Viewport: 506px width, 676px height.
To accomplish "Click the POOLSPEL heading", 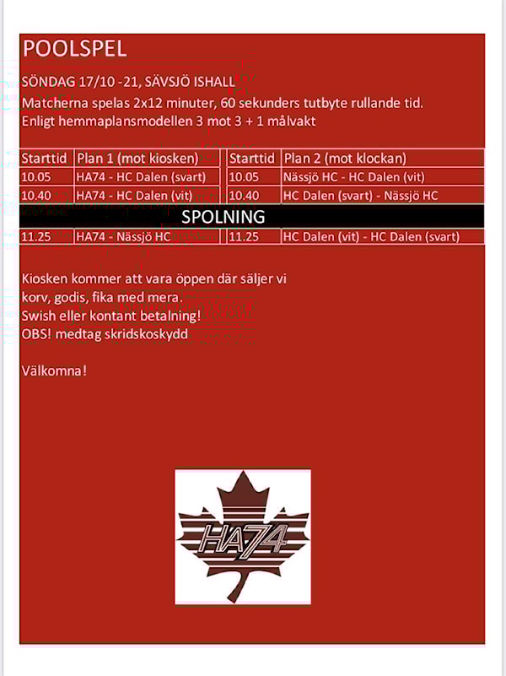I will (75, 48).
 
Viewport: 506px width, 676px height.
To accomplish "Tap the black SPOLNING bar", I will (252, 217).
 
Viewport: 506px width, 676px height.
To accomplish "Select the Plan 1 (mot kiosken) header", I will (137, 159).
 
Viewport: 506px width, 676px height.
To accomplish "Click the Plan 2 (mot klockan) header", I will (345, 159).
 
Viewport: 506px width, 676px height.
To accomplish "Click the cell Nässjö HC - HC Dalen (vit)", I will (353, 177).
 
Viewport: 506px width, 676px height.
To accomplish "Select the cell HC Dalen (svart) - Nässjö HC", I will (360, 196).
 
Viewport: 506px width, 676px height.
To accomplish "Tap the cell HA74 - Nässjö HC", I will (123, 237).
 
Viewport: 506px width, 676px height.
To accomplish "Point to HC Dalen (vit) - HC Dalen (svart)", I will (371, 237).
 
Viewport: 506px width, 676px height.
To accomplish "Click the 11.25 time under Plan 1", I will (36, 237).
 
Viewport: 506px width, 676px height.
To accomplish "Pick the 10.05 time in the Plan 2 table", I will (244, 177).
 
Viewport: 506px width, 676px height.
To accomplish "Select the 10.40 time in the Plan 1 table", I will (36, 196).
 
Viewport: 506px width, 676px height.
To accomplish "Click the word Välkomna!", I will (55, 370).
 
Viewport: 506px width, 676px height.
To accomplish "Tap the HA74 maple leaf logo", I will (243, 537).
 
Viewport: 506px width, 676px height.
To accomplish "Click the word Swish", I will (39, 316).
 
